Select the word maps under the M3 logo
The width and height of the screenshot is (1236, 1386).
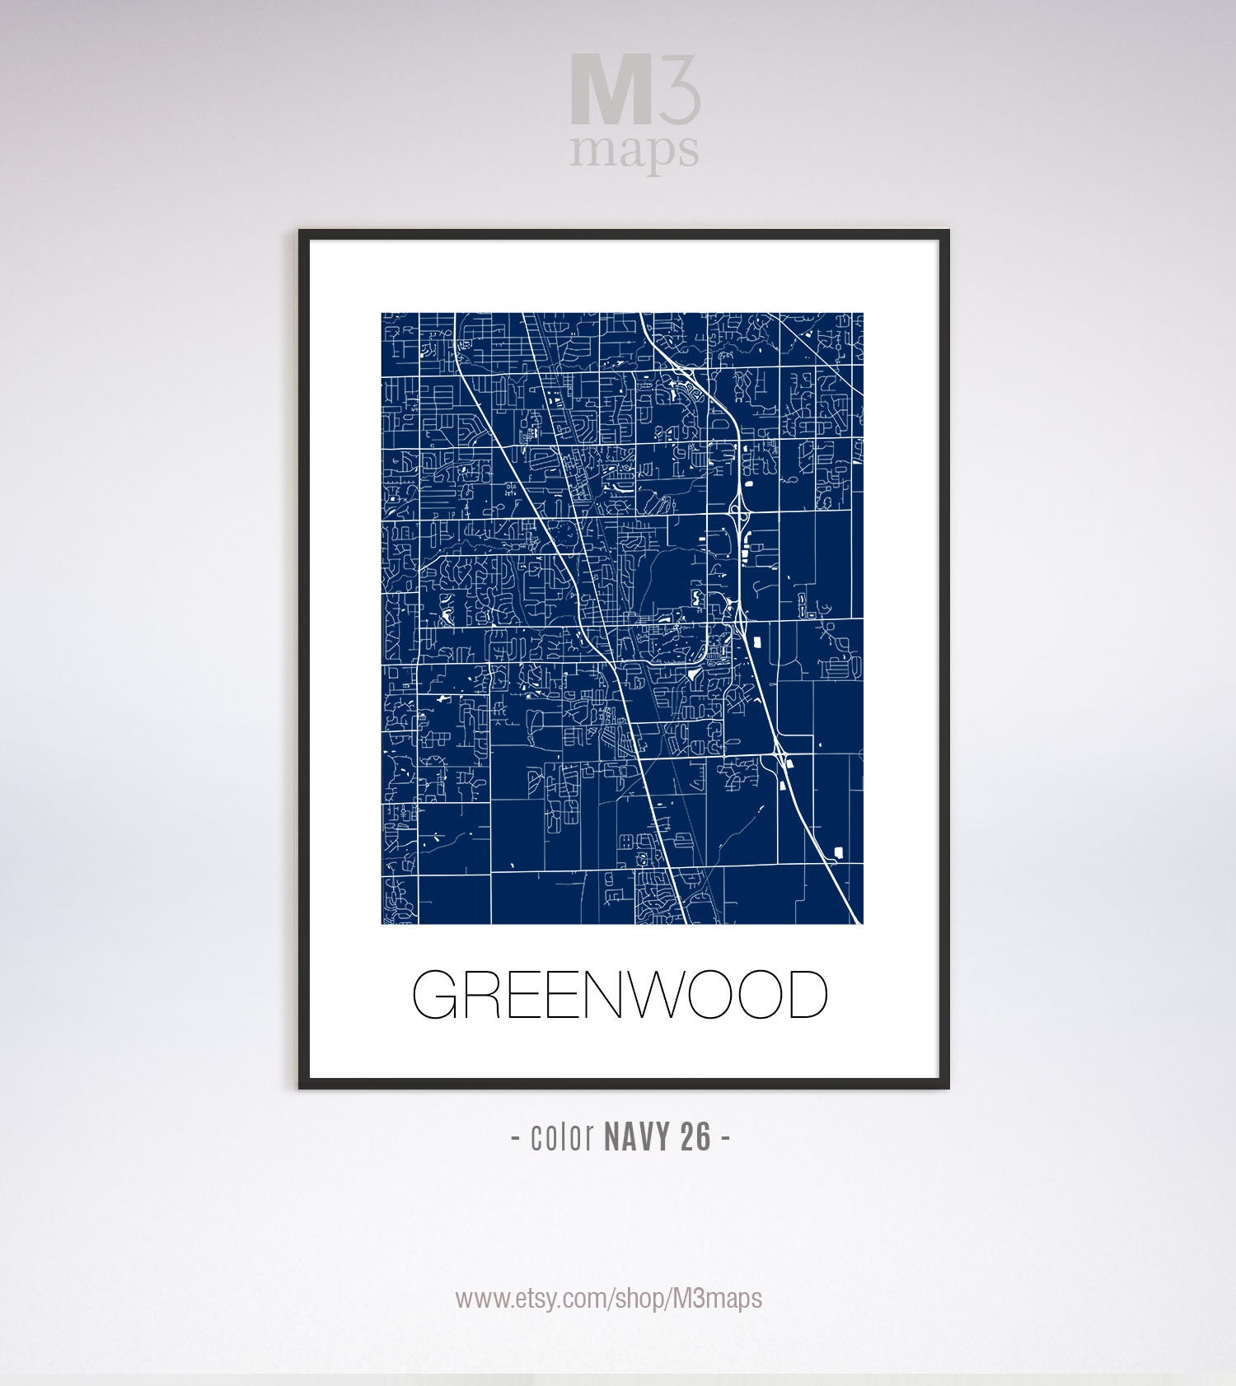tap(634, 151)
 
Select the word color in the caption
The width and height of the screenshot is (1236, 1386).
tap(563, 1137)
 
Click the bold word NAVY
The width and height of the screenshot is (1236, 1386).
tap(636, 1137)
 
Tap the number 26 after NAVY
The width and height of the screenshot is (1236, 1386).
tap(695, 1137)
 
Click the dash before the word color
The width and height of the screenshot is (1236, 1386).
tap(515, 1138)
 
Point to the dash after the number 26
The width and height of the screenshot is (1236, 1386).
tap(725, 1138)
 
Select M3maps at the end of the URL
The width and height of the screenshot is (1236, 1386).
tap(717, 1299)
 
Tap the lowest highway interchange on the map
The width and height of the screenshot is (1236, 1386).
tap(780, 751)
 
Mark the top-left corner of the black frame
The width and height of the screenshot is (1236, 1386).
tap(301, 232)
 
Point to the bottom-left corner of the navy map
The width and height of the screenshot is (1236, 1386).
tap(382, 922)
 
